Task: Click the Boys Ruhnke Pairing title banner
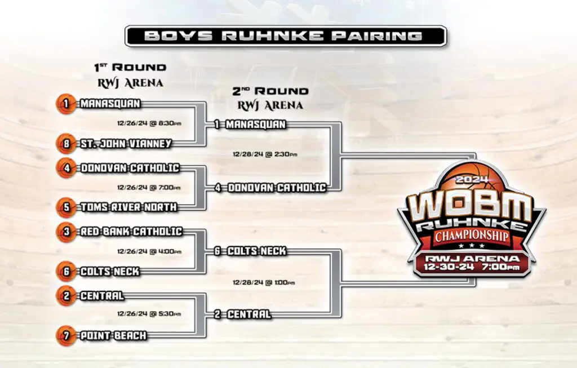[286, 36]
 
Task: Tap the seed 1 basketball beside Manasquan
[66, 104]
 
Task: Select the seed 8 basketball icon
[66, 144]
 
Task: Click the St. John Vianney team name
[126, 144]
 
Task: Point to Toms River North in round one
[129, 207]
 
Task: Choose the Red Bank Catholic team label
[131, 232]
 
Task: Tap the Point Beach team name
[113, 336]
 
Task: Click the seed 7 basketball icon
[66, 336]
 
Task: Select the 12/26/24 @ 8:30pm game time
[149, 123]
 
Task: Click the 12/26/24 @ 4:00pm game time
[149, 252]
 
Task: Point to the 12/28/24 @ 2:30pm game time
[265, 154]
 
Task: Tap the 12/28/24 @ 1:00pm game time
[264, 283]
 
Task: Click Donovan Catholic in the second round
[277, 188]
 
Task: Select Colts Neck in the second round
[256, 251]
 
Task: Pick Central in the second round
[248, 314]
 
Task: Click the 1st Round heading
[130, 67]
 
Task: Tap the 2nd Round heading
[270, 91]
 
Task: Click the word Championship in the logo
[472, 236]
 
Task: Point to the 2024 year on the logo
[472, 180]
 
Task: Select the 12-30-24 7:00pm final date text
[472, 267]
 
